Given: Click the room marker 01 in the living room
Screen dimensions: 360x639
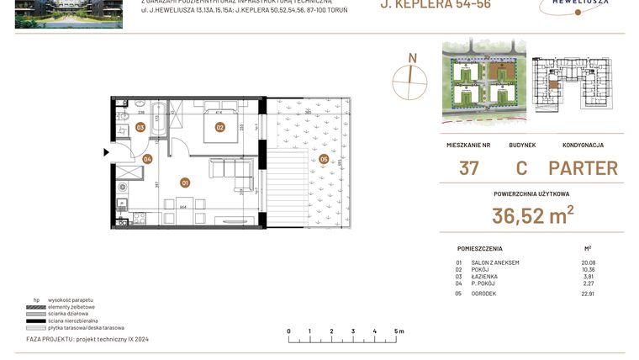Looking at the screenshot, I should click(185, 182).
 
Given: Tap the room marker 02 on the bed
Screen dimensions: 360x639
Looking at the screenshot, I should click(219, 128).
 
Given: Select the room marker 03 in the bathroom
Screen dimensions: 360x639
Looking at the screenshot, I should click(140, 128).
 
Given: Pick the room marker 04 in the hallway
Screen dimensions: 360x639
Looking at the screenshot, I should click(147, 158).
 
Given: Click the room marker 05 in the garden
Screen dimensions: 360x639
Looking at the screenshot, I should click(324, 158).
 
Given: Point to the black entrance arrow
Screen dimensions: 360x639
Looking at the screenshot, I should click(106, 152).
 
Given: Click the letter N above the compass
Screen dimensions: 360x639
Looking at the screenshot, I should click(412, 58).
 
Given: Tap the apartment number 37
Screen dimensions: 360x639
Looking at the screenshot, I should click(469, 167).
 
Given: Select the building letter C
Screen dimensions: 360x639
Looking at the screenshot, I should click(521, 167).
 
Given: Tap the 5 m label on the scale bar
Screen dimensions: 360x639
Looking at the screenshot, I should click(399, 331).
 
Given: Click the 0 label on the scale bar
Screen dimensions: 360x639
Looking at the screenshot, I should click(288, 331).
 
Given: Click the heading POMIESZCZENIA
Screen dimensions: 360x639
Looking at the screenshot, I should click(480, 249).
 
